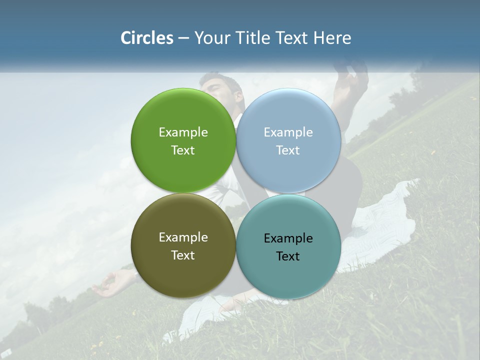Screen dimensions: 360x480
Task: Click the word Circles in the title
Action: (x=147, y=38)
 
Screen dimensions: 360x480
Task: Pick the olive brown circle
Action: (x=183, y=272)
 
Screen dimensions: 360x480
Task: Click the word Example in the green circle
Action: (x=183, y=132)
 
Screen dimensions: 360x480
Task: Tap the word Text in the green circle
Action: (x=183, y=150)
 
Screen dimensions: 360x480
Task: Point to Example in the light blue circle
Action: (x=288, y=132)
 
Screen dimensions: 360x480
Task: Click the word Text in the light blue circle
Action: (x=288, y=150)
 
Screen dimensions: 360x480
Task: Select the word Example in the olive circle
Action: (x=183, y=237)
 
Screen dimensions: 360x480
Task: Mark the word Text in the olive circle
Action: (x=183, y=255)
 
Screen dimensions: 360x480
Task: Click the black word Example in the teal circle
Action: (x=288, y=238)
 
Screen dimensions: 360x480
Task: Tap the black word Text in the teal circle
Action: (x=288, y=256)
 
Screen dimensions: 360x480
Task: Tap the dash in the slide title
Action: (x=183, y=38)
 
